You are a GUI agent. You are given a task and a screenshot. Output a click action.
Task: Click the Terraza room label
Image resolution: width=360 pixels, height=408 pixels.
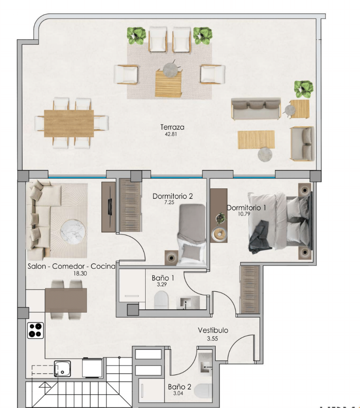pyautogui.click(x=172, y=127)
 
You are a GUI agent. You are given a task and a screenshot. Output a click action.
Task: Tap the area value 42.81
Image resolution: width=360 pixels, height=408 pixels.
pyautogui.click(x=171, y=134)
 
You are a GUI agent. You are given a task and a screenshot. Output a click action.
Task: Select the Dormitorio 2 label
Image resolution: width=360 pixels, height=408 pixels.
pyautogui.click(x=173, y=196)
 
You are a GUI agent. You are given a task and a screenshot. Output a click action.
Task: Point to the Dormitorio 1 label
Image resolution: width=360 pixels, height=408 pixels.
pyautogui.click(x=247, y=208)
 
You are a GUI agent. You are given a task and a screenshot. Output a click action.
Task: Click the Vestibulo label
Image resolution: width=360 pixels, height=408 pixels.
pyautogui.click(x=213, y=330)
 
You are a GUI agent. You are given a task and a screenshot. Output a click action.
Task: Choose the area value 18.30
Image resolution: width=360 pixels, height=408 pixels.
pyautogui.click(x=80, y=273)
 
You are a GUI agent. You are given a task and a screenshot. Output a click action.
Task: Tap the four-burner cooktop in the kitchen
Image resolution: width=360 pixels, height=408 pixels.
pyautogui.click(x=35, y=330)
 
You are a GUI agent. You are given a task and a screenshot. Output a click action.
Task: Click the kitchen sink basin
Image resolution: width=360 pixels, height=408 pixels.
pyautogui.click(x=63, y=368)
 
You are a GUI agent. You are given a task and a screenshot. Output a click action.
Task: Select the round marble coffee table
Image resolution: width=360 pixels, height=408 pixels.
pyautogui.click(x=73, y=232)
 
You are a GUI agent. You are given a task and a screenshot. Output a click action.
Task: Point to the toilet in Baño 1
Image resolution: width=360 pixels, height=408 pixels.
pyautogui.click(x=161, y=300)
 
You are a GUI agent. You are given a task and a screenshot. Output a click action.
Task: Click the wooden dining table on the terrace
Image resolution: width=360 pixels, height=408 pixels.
pyautogui.click(x=69, y=123)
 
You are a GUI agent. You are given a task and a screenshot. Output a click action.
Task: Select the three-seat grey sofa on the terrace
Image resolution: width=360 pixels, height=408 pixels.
pyautogui.click(x=256, y=108)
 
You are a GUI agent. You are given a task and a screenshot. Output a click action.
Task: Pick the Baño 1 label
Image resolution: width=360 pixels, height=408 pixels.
pyautogui.click(x=163, y=278)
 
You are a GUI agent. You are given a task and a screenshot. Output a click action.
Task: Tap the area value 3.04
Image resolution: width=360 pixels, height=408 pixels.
pyautogui.click(x=178, y=393)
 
